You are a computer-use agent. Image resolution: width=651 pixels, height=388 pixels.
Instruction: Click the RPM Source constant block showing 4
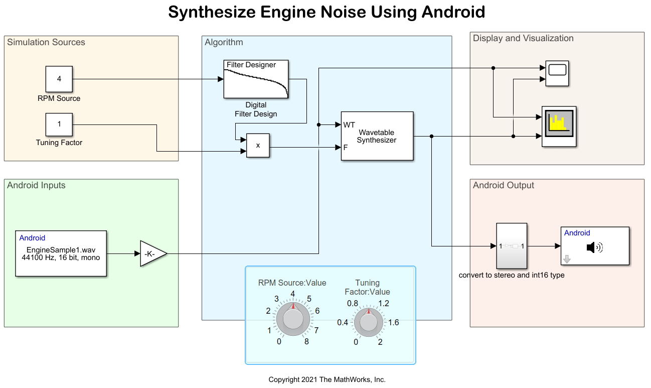point(59,79)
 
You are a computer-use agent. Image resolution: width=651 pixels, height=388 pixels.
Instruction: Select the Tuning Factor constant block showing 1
point(59,124)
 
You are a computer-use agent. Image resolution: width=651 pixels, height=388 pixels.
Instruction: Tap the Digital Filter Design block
point(256,79)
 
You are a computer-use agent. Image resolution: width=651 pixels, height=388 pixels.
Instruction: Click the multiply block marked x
point(258,146)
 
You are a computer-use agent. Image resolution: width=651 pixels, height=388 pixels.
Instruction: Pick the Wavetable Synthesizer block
point(377,136)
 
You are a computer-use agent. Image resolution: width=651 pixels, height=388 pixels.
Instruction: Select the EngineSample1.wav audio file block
point(61,253)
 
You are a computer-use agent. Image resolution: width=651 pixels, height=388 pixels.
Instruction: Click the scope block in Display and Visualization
point(557,74)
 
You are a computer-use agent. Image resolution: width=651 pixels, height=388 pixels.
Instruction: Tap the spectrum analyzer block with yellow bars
point(559,126)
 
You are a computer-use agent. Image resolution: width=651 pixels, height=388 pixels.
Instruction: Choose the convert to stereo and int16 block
point(512,246)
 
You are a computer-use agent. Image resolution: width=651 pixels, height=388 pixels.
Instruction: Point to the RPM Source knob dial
point(293,318)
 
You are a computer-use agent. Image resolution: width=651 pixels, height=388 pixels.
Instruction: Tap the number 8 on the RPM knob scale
point(306,342)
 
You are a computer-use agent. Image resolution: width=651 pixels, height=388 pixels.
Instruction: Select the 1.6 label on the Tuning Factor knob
point(394,322)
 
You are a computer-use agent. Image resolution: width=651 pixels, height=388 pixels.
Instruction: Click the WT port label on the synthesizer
point(349,124)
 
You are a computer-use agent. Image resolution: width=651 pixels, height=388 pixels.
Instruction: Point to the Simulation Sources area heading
point(46,42)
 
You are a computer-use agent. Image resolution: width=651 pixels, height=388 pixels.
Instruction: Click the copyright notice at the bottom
point(327,379)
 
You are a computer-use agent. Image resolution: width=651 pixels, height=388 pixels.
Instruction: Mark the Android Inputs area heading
point(36,185)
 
